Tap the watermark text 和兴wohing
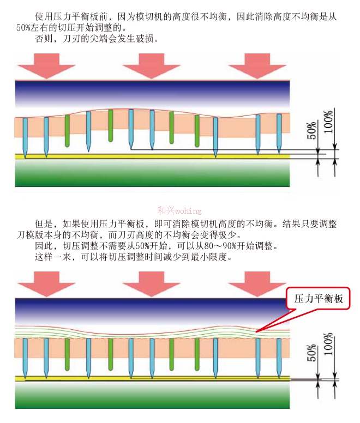pyautogui.click(x=179, y=210)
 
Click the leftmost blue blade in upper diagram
pyautogui.click(x=25, y=136)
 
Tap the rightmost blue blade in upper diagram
pyautogui.click(x=279, y=134)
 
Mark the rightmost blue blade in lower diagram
pyautogui.click(x=279, y=358)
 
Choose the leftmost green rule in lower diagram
pyautogui.click(x=67, y=353)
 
